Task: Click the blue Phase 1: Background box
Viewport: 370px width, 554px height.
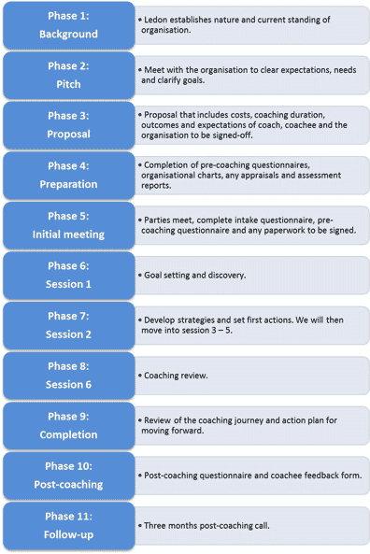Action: coord(69,25)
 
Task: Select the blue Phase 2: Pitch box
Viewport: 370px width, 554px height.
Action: coord(69,76)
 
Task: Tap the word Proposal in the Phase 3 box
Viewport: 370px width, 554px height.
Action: coord(68,134)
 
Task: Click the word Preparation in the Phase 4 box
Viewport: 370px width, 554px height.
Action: coord(68,184)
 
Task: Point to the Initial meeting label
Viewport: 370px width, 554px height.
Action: coord(68,234)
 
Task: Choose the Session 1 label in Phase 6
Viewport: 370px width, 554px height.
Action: coord(68,284)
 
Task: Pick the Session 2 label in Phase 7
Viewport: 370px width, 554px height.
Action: coord(68,334)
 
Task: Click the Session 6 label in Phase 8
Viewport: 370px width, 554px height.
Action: coord(68,384)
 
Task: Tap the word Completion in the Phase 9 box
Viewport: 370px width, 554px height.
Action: coord(68,434)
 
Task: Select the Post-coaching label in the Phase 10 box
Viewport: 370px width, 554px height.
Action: coord(68,484)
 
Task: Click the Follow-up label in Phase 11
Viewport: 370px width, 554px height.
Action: coord(68,534)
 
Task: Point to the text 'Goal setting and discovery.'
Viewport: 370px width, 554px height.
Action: coord(194,276)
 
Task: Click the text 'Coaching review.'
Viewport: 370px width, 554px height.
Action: coord(176,376)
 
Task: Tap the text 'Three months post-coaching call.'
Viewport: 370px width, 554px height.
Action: coord(206,526)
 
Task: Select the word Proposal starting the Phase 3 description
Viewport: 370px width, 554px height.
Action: coord(161,115)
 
